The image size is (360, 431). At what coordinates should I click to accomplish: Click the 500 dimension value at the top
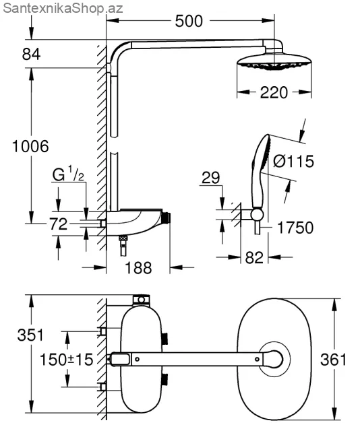[x=189, y=21]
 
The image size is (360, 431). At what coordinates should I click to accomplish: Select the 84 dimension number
[x=31, y=54]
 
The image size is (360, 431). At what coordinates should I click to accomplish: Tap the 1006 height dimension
[x=30, y=146]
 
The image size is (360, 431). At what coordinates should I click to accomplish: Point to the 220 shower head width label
[x=274, y=93]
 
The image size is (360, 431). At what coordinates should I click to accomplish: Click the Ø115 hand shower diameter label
[x=293, y=161]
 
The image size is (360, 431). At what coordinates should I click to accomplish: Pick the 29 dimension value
[x=211, y=178]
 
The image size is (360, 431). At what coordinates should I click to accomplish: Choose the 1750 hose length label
[x=295, y=228]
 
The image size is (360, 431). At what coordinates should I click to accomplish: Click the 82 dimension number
[x=254, y=257]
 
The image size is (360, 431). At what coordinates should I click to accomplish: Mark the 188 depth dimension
[x=138, y=268]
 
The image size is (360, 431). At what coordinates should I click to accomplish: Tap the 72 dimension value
[x=59, y=224]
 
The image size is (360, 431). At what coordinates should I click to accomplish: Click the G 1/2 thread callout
[x=68, y=174]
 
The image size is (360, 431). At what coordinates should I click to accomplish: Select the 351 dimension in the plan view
[x=30, y=335]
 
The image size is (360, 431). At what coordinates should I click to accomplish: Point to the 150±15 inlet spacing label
[x=67, y=360]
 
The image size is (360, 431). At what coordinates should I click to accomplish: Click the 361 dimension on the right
[x=333, y=360]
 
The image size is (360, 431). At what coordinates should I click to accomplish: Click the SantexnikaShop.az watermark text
[x=63, y=8]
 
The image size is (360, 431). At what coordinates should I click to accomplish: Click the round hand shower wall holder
[x=257, y=214]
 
